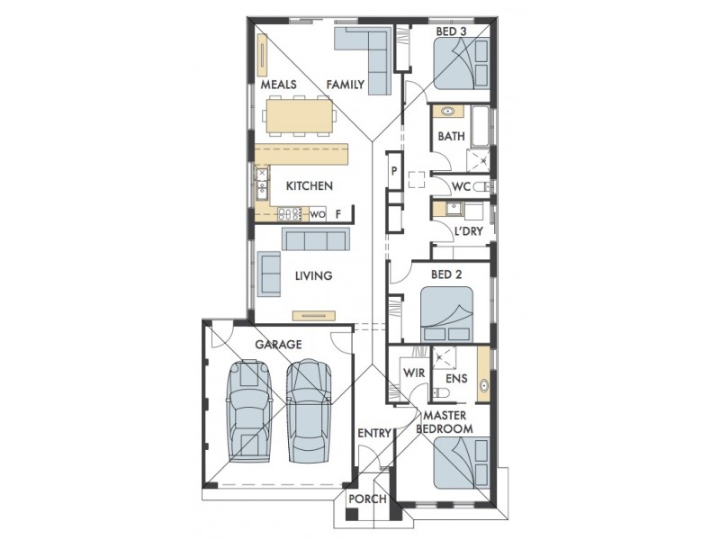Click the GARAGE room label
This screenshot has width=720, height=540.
278,345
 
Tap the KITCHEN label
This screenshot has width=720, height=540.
309,186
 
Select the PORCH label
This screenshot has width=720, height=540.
367,499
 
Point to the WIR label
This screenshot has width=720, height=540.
414,373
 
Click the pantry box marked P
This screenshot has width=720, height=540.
394,170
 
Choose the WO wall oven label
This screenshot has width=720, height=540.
318,214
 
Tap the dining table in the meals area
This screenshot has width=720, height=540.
300,116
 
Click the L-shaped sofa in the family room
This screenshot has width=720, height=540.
363,60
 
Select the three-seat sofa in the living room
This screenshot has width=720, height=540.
313,239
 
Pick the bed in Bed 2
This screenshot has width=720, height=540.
446,314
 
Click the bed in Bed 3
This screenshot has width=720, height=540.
462,63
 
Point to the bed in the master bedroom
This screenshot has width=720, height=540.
462,463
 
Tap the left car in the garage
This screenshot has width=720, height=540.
248,410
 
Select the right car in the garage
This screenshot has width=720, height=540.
309,410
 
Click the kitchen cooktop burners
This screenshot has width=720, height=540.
289,213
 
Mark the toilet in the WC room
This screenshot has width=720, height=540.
482,187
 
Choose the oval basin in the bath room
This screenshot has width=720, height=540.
447,112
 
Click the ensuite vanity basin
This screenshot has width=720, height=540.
483,385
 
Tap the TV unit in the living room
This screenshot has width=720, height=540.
314,316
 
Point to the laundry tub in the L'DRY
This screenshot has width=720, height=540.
454,208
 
